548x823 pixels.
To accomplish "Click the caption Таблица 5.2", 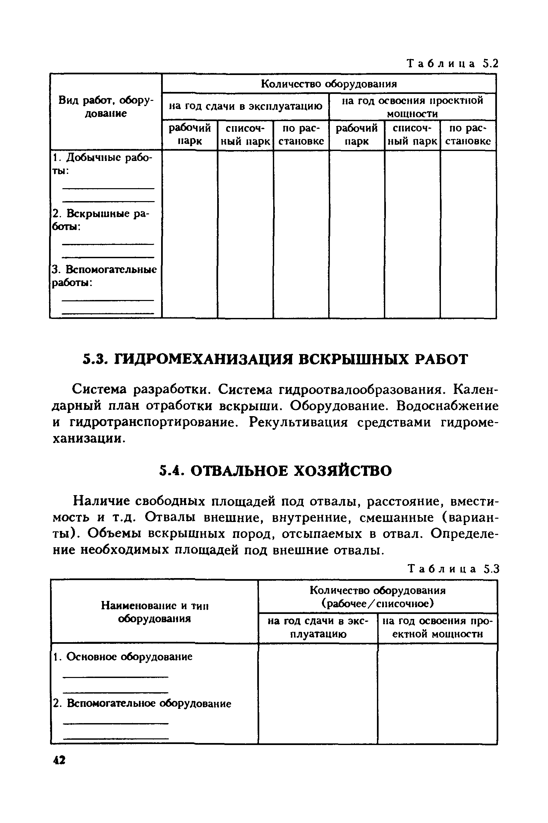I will [x=452, y=64].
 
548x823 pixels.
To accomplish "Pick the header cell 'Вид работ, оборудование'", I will [x=106, y=107].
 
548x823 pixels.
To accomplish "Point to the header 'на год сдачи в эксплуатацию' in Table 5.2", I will [x=245, y=106].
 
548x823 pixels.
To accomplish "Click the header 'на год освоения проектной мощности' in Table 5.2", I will [x=412, y=107].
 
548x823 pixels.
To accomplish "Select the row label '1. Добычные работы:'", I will [x=102, y=164].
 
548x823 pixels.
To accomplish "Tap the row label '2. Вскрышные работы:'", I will [x=100, y=220].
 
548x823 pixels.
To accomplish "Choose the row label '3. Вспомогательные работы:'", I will [x=104, y=276].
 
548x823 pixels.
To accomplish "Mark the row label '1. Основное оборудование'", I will [x=123, y=656].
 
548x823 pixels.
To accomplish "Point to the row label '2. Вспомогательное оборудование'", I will [x=142, y=704].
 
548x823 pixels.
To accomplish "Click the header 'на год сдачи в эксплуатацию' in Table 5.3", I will [x=318, y=628].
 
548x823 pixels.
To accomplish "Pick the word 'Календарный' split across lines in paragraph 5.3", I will [x=475, y=389].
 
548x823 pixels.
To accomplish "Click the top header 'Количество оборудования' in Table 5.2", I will [x=329, y=84].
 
